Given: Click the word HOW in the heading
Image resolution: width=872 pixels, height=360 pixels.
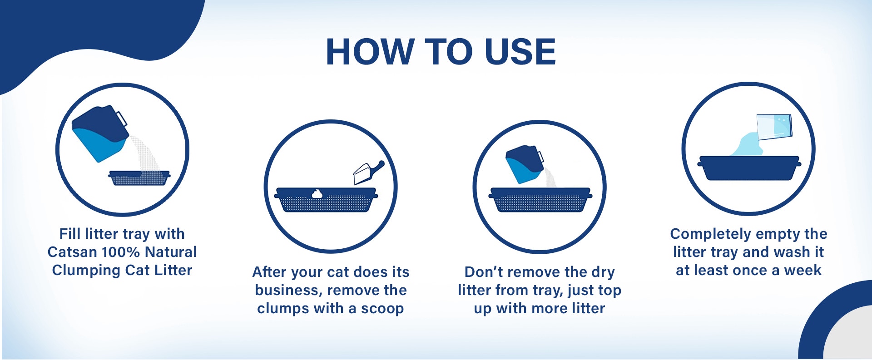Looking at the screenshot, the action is pyautogui.click(x=369, y=52).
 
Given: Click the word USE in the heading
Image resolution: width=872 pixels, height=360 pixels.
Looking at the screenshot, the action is pyautogui.click(x=520, y=52).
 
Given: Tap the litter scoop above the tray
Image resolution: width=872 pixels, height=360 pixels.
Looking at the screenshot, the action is pyautogui.click(x=369, y=173).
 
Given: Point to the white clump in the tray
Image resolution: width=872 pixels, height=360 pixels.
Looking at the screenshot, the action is pyautogui.click(x=317, y=194).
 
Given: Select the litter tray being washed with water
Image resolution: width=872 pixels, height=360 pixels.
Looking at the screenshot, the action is pyautogui.click(x=749, y=168).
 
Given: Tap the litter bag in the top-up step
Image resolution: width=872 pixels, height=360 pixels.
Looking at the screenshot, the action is pyautogui.click(x=525, y=164).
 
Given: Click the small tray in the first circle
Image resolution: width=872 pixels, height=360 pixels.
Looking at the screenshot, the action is pyautogui.click(x=139, y=178).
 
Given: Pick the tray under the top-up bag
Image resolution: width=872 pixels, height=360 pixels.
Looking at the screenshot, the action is pyautogui.click(x=540, y=200).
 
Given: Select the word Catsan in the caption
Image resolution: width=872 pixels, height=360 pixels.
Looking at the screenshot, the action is pyautogui.click(x=72, y=252).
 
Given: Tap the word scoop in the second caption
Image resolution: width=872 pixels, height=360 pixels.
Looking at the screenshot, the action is pyautogui.click(x=382, y=309).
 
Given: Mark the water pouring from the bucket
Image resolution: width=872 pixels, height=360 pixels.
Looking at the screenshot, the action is pyautogui.click(x=745, y=144).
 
